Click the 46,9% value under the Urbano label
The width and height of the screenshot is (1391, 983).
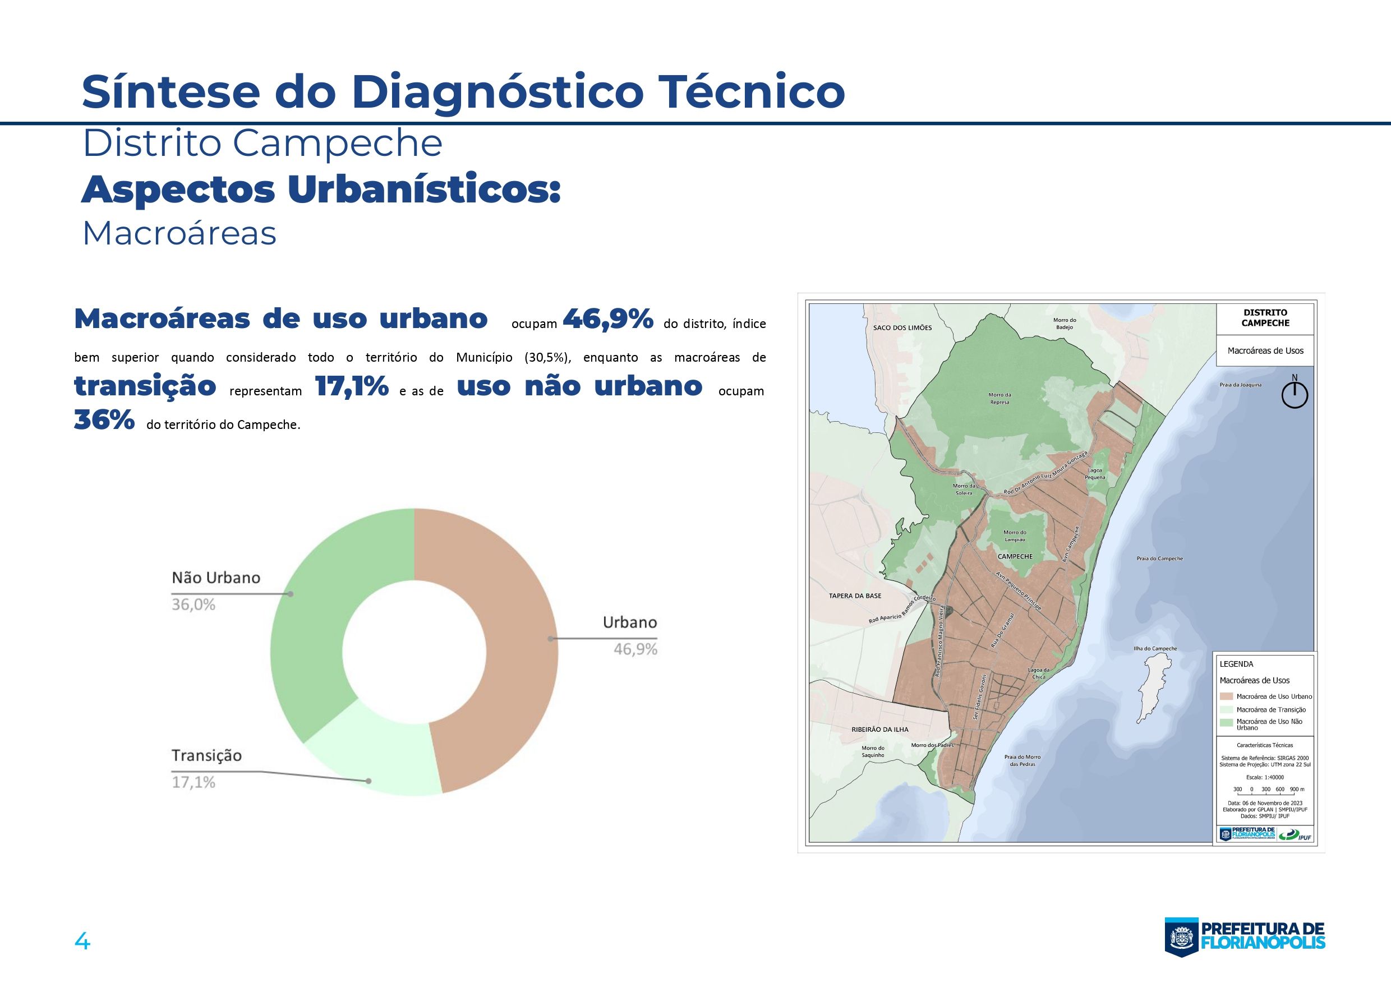tap(635, 649)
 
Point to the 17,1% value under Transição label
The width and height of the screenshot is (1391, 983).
tap(194, 782)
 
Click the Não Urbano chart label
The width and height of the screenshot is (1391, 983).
tap(216, 577)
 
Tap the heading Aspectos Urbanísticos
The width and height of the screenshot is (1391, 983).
tap(321, 190)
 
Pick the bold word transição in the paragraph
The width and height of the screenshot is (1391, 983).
tap(145, 386)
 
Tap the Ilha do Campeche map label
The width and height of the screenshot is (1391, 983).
tap(1155, 649)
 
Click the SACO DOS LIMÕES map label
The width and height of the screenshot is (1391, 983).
tap(902, 327)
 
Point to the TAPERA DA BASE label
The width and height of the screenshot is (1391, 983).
tap(855, 596)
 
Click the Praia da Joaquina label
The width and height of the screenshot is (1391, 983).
tap(1241, 385)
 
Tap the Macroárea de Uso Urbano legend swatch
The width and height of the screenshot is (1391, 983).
tap(1226, 696)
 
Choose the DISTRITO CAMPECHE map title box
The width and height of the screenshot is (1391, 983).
tap(1265, 319)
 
